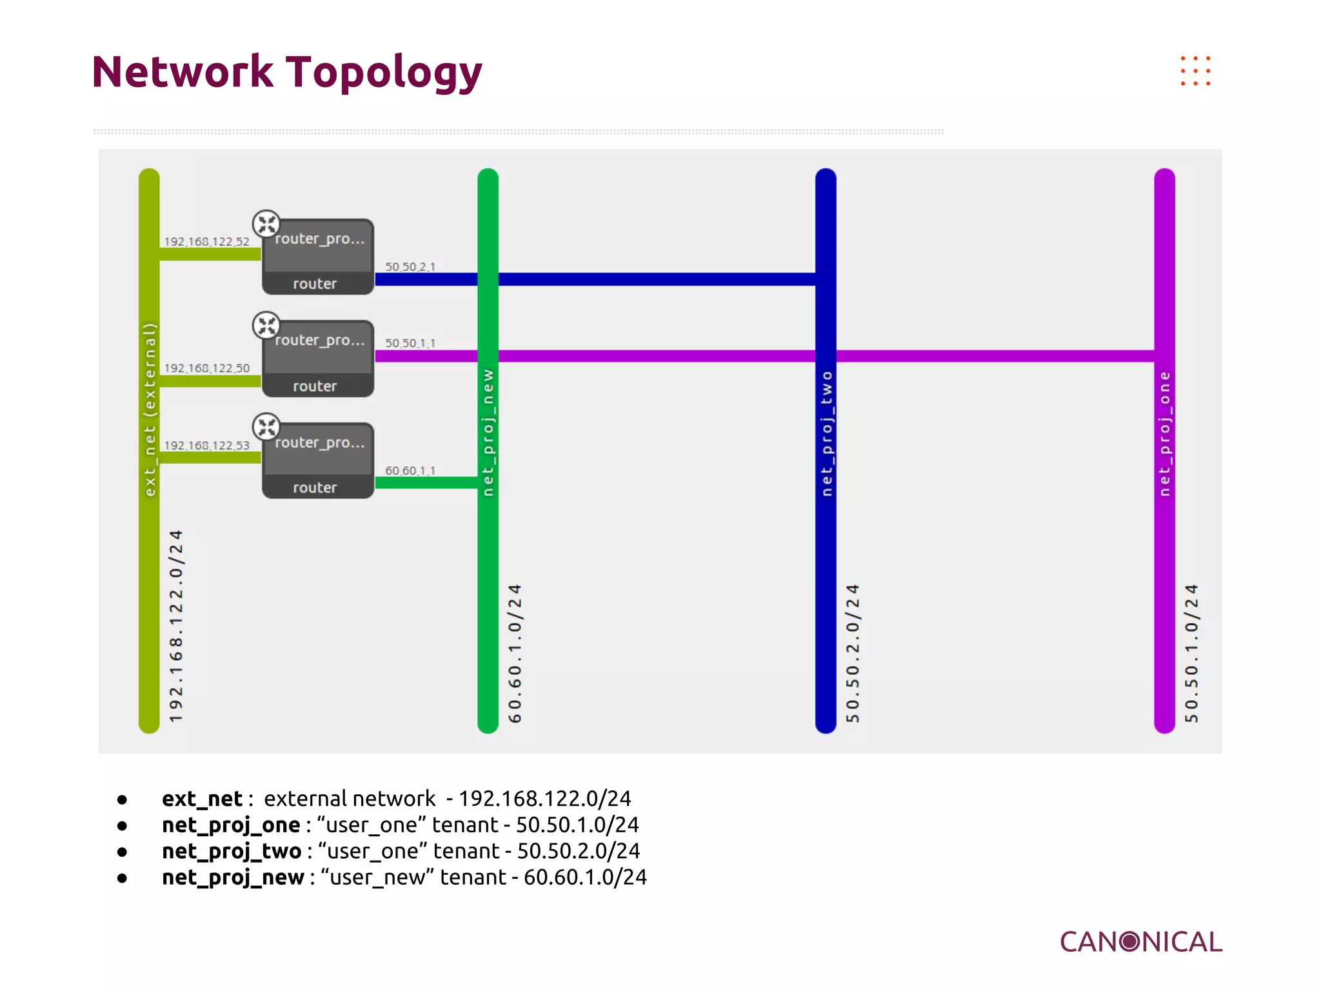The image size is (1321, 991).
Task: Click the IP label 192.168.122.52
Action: pyautogui.click(x=206, y=241)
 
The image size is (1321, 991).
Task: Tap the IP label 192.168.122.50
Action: pyautogui.click(x=206, y=368)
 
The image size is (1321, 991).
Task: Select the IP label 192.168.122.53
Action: pyautogui.click(x=206, y=445)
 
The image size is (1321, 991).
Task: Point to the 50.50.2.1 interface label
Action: pyautogui.click(x=410, y=266)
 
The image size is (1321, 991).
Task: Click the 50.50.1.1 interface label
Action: pyautogui.click(x=410, y=343)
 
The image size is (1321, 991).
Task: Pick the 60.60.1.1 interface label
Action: pyautogui.click(x=410, y=470)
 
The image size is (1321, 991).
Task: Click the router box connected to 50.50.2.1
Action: pyautogui.click(x=318, y=257)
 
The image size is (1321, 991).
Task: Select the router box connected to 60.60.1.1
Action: pyautogui.click(x=318, y=461)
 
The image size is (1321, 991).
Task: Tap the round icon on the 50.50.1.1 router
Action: pyautogui.click(x=266, y=325)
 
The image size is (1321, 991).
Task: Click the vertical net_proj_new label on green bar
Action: pyautogui.click(x=488, y=432)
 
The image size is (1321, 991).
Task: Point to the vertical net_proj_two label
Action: pyautogui.click(x=826, y=434)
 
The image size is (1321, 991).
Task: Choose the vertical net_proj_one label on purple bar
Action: pyautogui.click(x=1164, y=434)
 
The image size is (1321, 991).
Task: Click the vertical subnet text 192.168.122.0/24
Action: pyautogui.click(x=175, y=626)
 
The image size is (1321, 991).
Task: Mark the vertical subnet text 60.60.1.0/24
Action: pyautogui.click(x=515, y=653)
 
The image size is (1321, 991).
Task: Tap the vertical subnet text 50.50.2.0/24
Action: pyautogui.click(x=853, y=653)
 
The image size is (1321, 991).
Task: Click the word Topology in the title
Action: pyautogui.click(x=384, y=72)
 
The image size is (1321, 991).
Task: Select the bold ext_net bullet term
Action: pyautogui.click(x=202, y=799)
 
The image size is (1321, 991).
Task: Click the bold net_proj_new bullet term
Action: pyautogui.click(x=233, y=877)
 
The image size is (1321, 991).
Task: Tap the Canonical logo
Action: pyautogui.click(x=1140, y=942)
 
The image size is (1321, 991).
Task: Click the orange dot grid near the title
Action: pyautogui.click(x=1195, y=70)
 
